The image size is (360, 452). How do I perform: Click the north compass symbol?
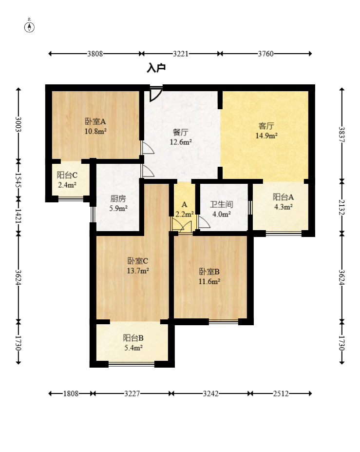pos(29,26)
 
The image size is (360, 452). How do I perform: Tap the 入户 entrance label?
pos(156,68)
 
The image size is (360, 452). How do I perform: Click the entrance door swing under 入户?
pos(155,94)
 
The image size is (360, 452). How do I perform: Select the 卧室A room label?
pos(95,121)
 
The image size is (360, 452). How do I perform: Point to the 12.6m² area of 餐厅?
pos(181,142)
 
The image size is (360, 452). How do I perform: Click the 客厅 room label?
pos(266,126)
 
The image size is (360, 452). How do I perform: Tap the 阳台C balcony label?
pos(67,175)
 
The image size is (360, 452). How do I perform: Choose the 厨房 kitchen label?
pos(118,198)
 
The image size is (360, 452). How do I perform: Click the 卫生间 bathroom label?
pos(221,204)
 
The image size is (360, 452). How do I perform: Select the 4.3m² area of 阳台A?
pos(284,207)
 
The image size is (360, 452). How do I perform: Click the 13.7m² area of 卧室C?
pos(138,271)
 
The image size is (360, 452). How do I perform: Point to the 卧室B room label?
pos(209,272)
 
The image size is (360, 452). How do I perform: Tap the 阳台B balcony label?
pos(133,338)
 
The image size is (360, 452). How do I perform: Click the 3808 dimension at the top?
pos(95,54)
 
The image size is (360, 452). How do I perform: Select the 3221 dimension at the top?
pos(181,54)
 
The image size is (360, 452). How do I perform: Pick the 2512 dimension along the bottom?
pos(281,393)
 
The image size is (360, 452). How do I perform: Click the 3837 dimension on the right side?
pos(342,135)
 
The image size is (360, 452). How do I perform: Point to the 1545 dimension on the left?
pos(19,180)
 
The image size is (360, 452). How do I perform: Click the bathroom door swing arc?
pos(205,222)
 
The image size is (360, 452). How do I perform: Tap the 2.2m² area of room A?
pos(185,214)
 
